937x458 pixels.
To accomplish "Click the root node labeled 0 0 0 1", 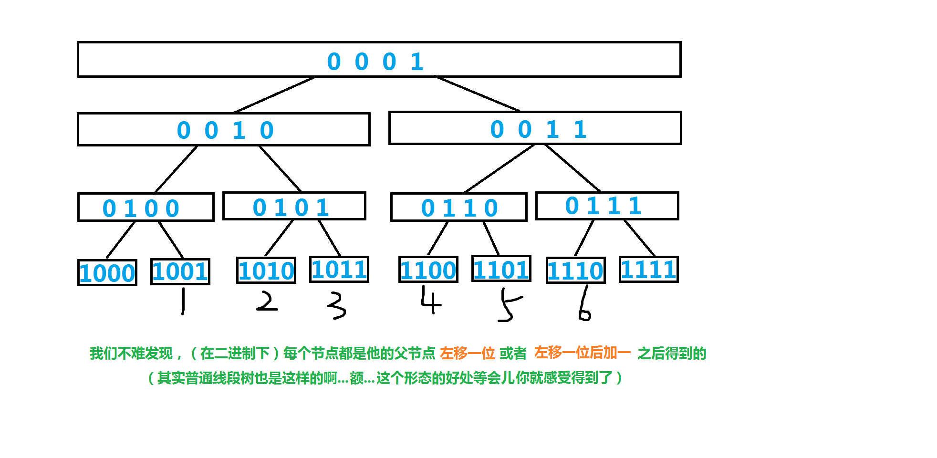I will [379, 60].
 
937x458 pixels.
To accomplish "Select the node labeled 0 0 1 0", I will [223, 130].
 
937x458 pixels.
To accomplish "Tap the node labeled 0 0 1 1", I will [535, 128].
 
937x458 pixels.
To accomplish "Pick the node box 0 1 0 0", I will [146, 208].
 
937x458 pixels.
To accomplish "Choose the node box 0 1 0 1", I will [294, 206].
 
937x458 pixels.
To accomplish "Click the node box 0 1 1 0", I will [458, 208].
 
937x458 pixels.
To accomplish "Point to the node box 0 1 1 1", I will [607, 206].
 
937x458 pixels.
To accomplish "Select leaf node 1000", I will [107, 273].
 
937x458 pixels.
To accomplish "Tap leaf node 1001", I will [180, 271].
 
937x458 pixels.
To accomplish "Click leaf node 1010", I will [266, 271].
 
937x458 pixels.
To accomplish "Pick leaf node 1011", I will [339, 270].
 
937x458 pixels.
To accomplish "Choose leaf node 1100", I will [428, 270].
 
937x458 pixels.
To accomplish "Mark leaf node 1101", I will [501, 269].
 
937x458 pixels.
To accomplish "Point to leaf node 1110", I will [576, 271].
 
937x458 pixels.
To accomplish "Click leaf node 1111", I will [649, 270].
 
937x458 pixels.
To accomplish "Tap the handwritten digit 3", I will [336, 305].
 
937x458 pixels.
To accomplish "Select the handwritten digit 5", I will [508, 305].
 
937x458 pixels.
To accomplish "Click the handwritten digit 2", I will [267, 302].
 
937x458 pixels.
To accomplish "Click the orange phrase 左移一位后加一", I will [582, 353].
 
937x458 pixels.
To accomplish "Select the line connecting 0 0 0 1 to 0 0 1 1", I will [477, 94].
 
